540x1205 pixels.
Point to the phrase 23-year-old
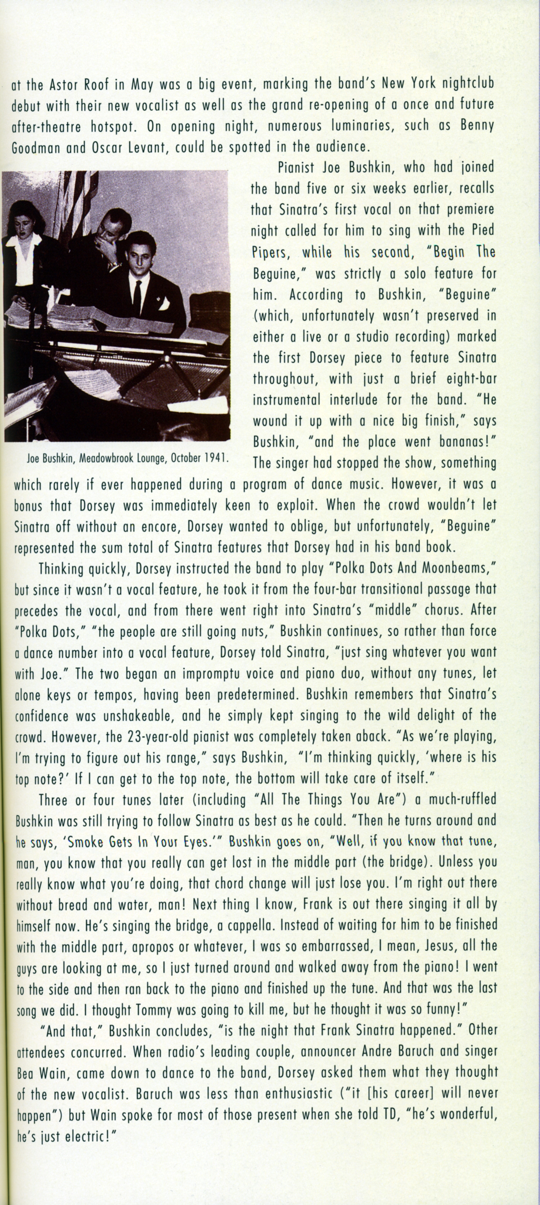click(x=159, y=737)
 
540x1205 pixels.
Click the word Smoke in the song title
click(x=82, y=842)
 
